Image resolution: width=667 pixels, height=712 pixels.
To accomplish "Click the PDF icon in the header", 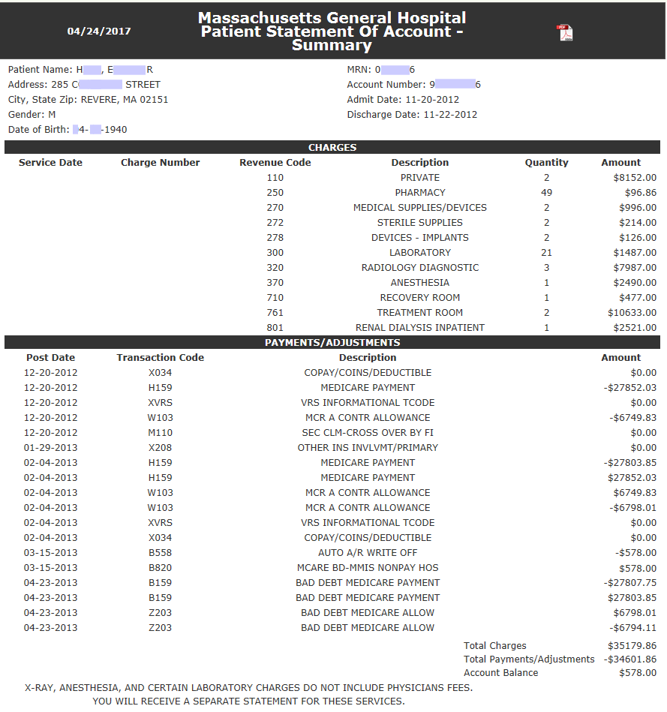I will (x=564, y=33).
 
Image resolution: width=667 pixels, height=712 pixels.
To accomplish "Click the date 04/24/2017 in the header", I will (x=99, y=32).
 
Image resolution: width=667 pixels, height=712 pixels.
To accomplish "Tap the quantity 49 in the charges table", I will (x=546, y=193).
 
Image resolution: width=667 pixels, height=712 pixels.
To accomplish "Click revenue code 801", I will (x=275, y=328).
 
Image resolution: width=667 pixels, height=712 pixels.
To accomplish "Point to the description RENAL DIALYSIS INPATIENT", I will (x=419, y=328).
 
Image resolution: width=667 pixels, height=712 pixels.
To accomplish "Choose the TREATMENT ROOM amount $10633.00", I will (x=632, y=313).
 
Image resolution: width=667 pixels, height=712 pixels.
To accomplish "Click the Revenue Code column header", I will (x=275, y=163).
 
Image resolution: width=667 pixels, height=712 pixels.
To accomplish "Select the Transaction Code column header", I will (x=160, y=358).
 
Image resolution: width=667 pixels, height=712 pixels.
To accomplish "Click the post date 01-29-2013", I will (x=50, y=448).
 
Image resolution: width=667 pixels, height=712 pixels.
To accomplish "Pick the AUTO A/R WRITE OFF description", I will (x=368, y=553).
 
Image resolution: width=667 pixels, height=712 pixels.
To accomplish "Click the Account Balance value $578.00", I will (x=635, y=673).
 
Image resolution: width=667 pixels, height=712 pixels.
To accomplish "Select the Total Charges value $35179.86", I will (x=632, y=646).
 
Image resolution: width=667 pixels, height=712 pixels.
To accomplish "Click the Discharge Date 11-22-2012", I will (x=450, y=115).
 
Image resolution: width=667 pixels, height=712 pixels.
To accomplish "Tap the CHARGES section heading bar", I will (x=332, y=148).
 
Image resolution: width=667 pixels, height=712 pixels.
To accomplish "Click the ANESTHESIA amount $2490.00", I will (x=635, y=283).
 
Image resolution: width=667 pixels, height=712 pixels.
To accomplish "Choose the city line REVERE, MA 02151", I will (x=125, y=100).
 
